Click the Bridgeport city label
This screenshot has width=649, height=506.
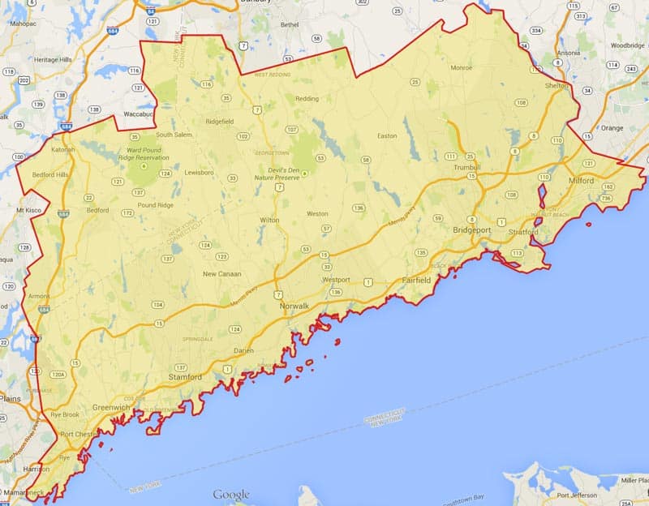click(471, 230)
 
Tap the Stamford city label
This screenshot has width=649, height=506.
click(185, 377)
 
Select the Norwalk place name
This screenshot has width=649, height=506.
click(294, 307)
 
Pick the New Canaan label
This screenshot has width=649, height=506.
click(222, 274)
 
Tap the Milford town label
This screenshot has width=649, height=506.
click(582, 180)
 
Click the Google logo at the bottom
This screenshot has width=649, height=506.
click(232, 494)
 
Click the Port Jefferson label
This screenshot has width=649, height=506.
click(579, 497)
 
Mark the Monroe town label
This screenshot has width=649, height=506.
click(461, 67)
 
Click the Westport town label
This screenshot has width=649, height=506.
click(336, 280)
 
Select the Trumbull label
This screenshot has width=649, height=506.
click(467, 167)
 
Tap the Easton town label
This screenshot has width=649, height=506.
click(388, 135)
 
